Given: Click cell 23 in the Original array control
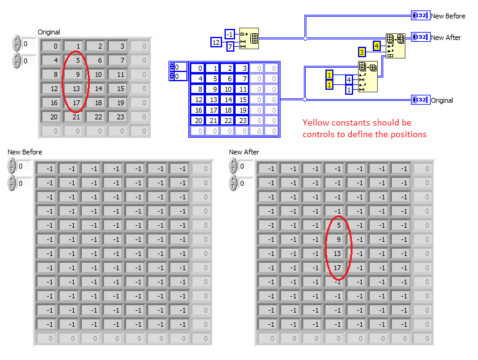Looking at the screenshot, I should [x=119, y=117].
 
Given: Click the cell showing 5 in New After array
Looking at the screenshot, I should [x=337, y=225].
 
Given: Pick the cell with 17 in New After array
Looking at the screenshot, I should [x=337, y=268].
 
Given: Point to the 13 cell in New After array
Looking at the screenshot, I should [x=337, y=254].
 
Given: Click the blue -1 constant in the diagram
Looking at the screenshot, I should [x=229, y=34].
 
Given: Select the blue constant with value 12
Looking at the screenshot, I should [x=216, y=42].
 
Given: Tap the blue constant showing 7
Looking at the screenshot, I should [x=230, y=47].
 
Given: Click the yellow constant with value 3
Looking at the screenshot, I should [x=362, y=51].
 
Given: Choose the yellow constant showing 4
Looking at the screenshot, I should [x=376, y=46].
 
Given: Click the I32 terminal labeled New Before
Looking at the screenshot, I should [x=421, y=15].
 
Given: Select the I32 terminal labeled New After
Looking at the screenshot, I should [x=421, y=37].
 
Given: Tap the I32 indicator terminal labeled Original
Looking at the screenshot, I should [x=421, y=100].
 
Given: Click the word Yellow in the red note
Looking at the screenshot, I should [x=314, y=123].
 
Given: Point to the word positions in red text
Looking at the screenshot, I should [x=409, y=134].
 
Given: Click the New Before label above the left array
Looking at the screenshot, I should [x=25, y=152].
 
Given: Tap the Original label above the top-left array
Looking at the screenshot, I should [x=49, y=32].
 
